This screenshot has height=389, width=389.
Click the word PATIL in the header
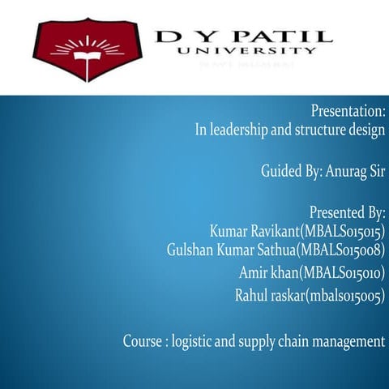pyautogui.click(x=280, y=36)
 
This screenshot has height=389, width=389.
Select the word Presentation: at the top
pyautogui.click(x=348, y=109)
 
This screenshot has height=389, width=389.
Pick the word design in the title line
pyautogui.click(x=365, y=129)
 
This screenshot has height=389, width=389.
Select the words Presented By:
pyautogui.click(x=347, y=213)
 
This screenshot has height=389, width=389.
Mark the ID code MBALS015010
pyautogui.click(x=341, y=272)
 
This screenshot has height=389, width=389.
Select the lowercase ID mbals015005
pyautogui.click(x=341, y=296)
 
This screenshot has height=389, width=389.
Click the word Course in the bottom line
pyautogui.click(x=143, y=341)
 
